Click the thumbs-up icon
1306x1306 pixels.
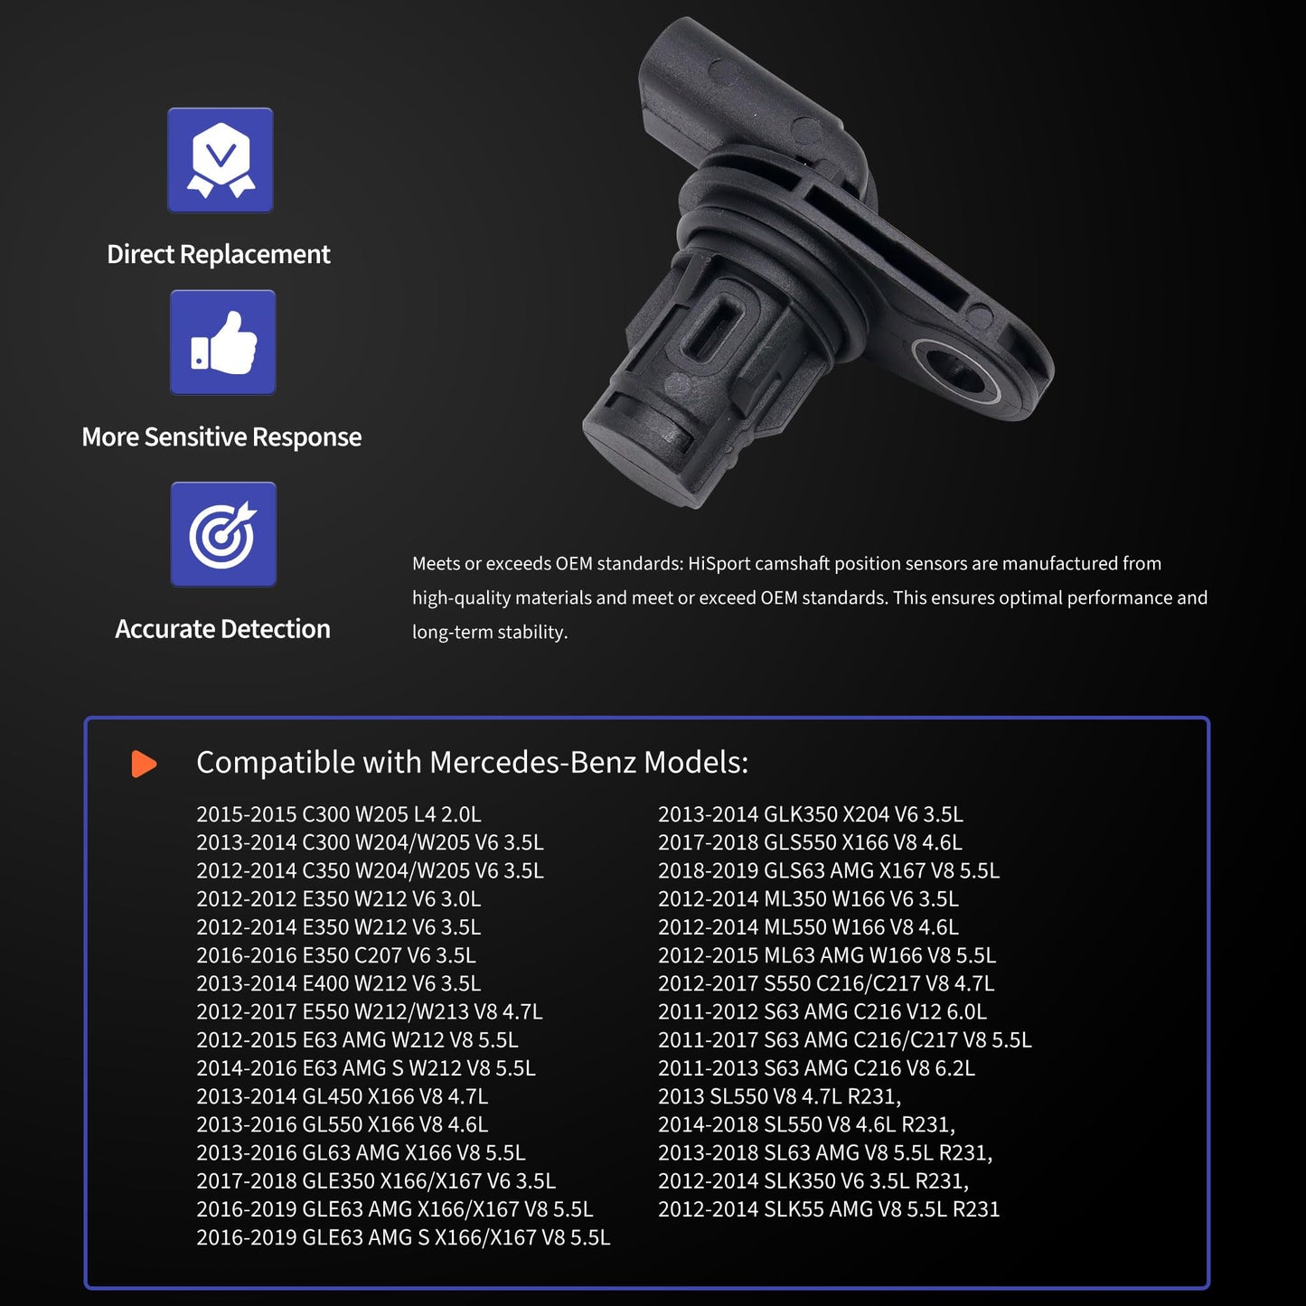[223, 343]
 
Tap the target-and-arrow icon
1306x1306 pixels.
[223, 534]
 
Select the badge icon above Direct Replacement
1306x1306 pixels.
[221, 160]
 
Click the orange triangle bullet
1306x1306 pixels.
[144, 764]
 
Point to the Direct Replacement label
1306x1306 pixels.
[219, 254]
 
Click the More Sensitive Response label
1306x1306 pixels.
[221, 437]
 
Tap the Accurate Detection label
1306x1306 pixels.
[222, 629]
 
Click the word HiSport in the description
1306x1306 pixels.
[719, 564]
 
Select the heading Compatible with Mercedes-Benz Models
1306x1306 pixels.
[472, 763]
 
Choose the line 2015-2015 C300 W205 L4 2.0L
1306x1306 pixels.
[339, 814]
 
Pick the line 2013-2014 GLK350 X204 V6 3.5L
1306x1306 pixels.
[811, 814]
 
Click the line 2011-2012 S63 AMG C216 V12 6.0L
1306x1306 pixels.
[822, 1012]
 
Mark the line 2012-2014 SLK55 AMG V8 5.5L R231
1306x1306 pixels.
[829, 1209]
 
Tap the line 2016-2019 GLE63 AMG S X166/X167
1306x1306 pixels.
[403, 1237]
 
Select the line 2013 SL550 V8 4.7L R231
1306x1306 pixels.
[779, 1096]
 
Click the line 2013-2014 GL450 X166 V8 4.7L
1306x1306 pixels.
[342, 1096]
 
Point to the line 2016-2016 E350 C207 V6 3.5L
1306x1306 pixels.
[336, 955]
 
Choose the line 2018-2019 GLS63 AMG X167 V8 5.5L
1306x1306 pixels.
[829, 870]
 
